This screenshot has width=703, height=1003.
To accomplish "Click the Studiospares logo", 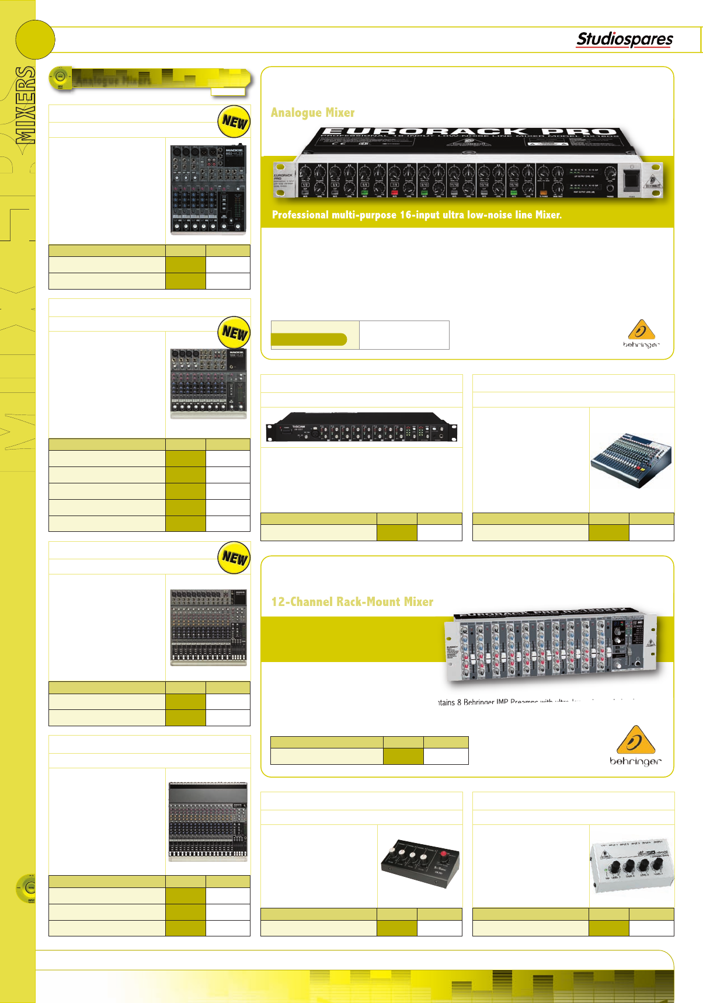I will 624,39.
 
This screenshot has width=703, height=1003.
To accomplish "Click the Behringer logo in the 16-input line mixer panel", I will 641,334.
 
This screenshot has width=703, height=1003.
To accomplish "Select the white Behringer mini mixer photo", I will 631,866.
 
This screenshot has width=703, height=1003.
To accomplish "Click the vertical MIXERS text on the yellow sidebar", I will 25,105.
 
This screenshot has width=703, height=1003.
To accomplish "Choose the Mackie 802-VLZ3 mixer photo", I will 208,189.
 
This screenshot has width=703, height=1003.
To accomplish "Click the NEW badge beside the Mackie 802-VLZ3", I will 234,121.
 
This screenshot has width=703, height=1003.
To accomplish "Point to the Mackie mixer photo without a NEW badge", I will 208,821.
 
